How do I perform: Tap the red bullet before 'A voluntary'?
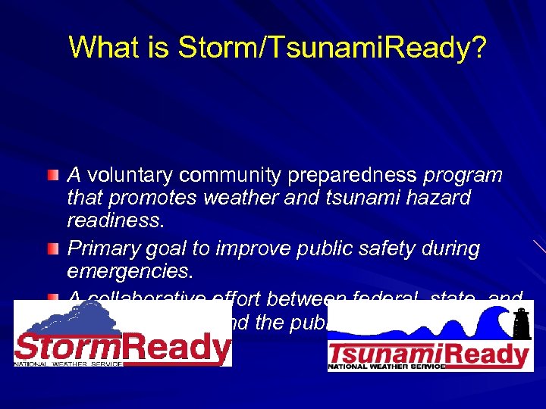pyautogui.click(x=52, y=176)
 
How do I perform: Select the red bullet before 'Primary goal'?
pyautogui.click(x=52, y=248)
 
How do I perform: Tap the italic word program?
pyautogui.click(x=463, y=176)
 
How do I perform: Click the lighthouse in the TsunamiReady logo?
pyautogui.click(x=520, y=324)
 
